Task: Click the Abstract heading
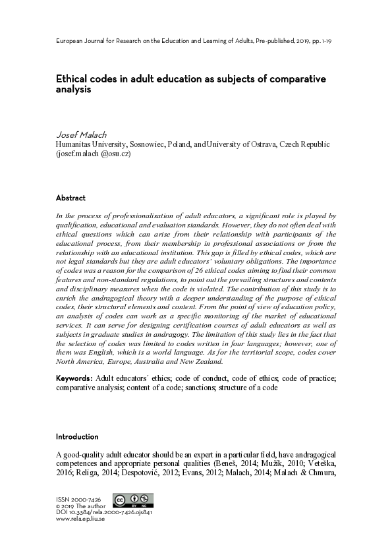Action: (70, 198)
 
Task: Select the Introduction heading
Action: (77, 436)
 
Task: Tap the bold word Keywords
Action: (74, 378)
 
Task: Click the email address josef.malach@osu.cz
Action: (94, 154)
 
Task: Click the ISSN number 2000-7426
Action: (81, 499)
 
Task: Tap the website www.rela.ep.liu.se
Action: (80, 519)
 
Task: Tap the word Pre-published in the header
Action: (269, 41)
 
